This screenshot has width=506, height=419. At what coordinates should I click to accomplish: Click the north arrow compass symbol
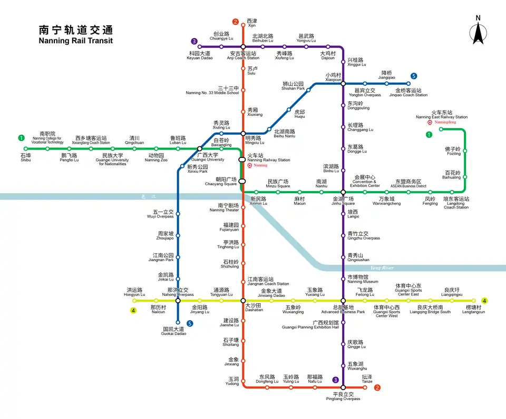[x=478, y=31]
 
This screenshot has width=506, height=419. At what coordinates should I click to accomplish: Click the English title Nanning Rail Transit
[x=76, y=41]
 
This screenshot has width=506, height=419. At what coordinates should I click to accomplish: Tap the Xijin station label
[x=251, y=23]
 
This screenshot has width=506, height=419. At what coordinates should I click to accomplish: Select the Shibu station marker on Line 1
[x=26, y=148]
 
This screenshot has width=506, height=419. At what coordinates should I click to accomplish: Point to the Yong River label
[x=382, y=268]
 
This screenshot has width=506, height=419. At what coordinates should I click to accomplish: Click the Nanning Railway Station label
[x=268, y=158]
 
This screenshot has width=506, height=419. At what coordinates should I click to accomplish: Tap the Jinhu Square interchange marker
[x=343, y=192]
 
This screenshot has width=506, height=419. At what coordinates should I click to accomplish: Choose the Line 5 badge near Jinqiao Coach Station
[x=414, y=76]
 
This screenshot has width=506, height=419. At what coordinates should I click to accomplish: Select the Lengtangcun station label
[x=473, y=310]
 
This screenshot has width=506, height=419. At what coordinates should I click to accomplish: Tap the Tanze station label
[x=367, y=379]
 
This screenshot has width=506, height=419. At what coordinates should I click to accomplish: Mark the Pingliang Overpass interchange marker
[x=343, y=387]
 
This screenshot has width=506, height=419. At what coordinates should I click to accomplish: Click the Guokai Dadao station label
[x=174, y=331]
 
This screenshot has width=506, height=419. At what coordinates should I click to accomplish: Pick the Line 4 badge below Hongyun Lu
[x=134, y=310]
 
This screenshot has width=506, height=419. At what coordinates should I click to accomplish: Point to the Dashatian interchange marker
[x=242, y=301]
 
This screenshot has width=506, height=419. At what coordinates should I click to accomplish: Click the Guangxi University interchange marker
[x=200, y=149]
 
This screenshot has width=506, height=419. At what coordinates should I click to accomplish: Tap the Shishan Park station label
[x=294, y=86]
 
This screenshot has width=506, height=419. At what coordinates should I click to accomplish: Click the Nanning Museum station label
[x=363, y=279]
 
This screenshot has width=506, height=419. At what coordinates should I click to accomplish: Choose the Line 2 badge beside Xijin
[x=236, y=22]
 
